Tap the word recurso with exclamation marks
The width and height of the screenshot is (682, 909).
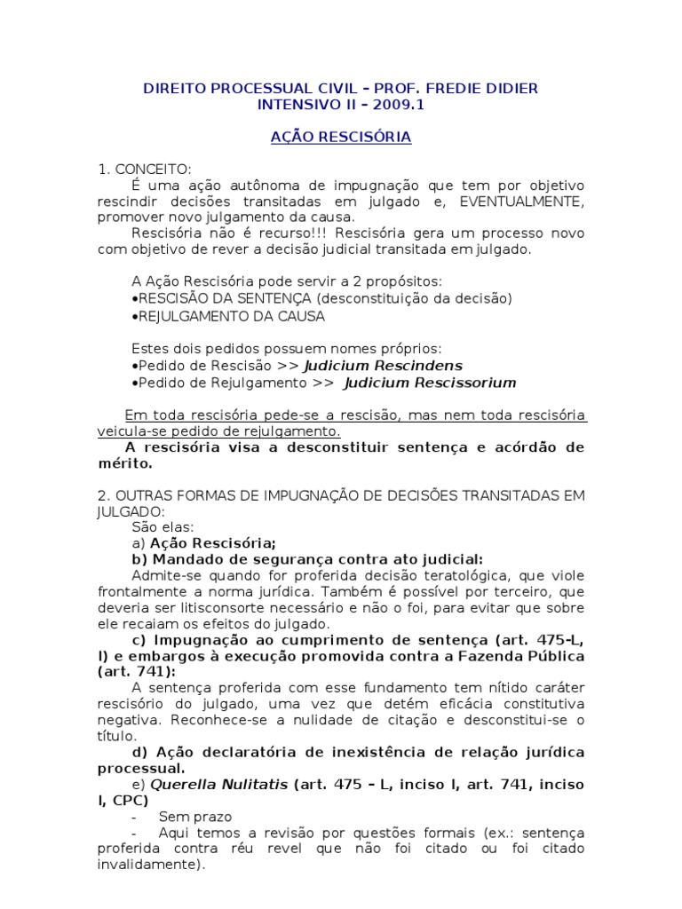pyautogui.click(x=248, y=233)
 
